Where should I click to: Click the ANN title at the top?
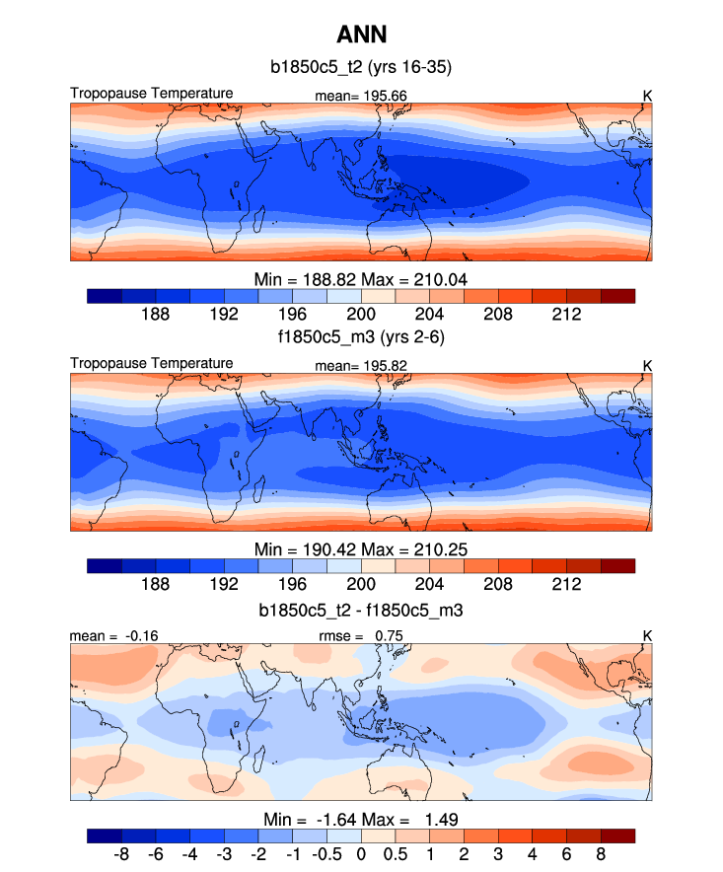361,36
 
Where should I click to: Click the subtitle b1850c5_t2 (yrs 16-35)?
361,67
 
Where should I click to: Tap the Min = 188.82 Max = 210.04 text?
361,278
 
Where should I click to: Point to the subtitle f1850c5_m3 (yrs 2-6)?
361,337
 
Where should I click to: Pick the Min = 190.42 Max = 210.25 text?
361,548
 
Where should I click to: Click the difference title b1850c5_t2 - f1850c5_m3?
361,611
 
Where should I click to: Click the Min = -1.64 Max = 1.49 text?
361,819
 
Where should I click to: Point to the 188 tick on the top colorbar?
156,314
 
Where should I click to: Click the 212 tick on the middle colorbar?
566,584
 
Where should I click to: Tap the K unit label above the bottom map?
647,636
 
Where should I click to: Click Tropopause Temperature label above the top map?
152,94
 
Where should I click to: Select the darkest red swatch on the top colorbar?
617,295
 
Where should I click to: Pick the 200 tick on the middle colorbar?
361,584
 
